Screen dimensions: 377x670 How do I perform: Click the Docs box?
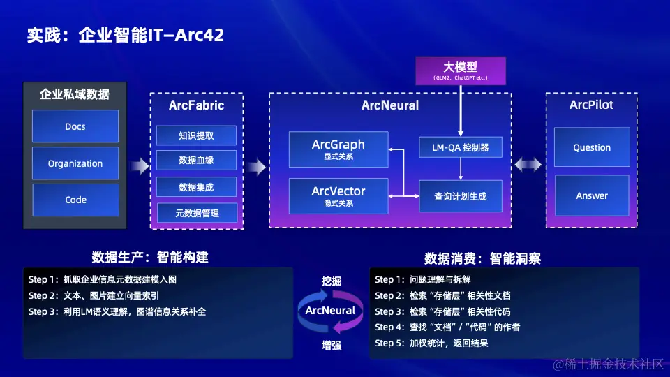coord(75,126)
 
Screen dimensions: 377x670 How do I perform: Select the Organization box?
coord(75,163)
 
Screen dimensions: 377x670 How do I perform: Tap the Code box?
coord(75,200)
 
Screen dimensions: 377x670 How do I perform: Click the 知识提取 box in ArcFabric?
coord(196,135)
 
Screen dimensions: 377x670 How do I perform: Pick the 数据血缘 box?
coord(196,160)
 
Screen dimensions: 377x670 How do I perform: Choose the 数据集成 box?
coord(196,187)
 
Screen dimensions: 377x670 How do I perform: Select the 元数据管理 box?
coord(196,213)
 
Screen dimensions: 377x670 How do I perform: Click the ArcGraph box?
coord(338,149)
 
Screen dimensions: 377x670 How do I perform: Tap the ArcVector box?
coord(338,195)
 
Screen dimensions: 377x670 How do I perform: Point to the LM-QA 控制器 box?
coord(460,147)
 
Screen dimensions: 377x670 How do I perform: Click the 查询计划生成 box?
coord(460,196)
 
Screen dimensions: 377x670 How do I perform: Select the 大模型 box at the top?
coord(460,71)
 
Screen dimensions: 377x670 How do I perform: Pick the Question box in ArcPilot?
coord(592,147)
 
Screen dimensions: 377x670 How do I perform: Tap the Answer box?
coord(592,195)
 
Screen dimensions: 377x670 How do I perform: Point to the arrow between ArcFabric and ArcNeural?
coord(256,167)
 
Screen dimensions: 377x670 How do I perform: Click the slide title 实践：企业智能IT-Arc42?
coord(126,35)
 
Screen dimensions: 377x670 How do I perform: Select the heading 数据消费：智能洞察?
coord(482,258)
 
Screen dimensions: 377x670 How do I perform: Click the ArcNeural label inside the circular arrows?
coord(331,310)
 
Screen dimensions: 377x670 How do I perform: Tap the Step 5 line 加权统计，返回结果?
coord(431,343)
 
